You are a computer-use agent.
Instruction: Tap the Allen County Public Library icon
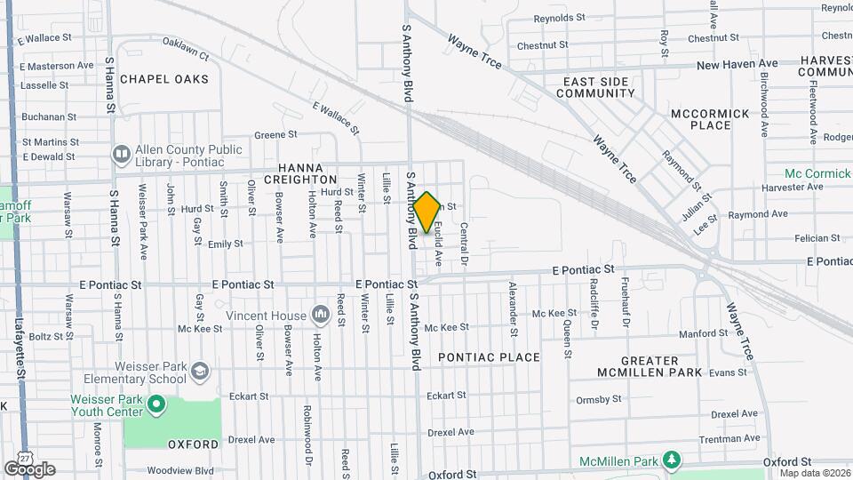[x=121, y=155]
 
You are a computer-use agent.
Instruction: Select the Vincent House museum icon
[x=320, y=316]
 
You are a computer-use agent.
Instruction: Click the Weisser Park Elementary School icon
[x=202, y=370]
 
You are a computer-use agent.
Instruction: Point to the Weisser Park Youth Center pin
[x=156, y=406]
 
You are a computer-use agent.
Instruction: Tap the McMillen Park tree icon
[x=674, y=460]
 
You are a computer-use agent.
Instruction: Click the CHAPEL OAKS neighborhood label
[x=164, y=79]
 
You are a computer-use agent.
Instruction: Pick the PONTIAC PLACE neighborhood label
[x=489, y=357]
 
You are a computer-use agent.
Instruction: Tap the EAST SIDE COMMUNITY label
[x=599, y=87]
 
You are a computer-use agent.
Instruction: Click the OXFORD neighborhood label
[x=193, y=444]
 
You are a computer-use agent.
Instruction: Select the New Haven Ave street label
[x=737, y=65]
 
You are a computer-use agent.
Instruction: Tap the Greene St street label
[x=275, y=135]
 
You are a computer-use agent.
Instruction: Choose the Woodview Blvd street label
[x=180, y=470]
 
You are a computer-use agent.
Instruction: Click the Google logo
[x=29, y=468]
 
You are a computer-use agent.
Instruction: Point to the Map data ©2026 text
[x=814, y=473]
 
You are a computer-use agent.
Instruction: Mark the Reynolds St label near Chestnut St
[x=559, y=18]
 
